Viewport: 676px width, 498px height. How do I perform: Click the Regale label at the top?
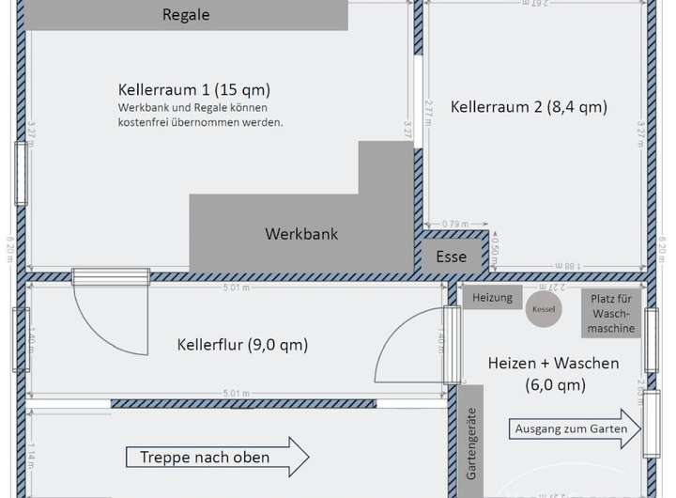[186, 15]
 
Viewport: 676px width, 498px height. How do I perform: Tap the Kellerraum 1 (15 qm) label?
[194, 90]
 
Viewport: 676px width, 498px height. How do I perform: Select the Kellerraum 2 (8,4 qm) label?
[529, 107]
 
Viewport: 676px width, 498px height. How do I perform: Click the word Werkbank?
[301, 234]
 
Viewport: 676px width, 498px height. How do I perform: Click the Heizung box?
[492, 298]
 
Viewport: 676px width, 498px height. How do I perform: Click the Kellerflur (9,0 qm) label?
[242, 345]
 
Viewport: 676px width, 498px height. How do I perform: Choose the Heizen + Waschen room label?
[554, 373]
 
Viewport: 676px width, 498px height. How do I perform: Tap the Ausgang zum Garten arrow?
[576, 429]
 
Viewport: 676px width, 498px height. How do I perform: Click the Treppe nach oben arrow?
[217, 458]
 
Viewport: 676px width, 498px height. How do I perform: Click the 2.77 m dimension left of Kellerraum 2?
[428, 113]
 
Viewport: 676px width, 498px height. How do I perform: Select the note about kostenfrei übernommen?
[200, 117]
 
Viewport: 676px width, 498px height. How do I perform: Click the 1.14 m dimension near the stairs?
[30, 456]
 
